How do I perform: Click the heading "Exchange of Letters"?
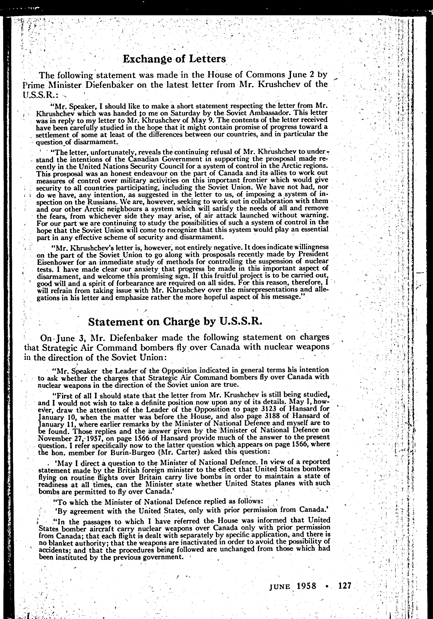click(174, 59)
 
